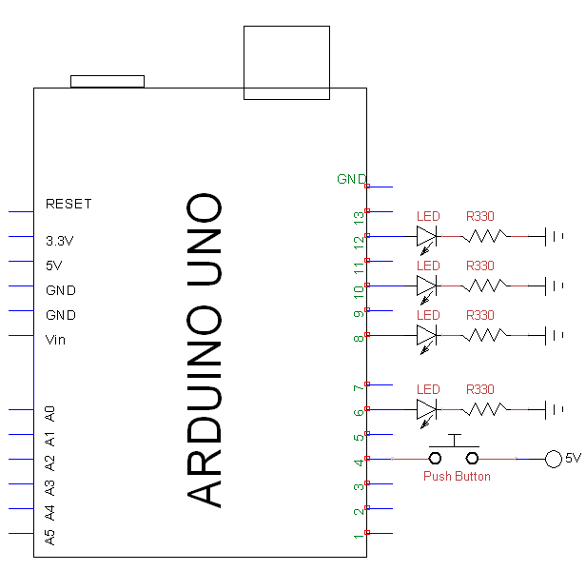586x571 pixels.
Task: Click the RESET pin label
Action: point(68,204)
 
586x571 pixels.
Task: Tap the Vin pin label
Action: point(56,340)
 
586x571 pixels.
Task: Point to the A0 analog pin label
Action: point(50,413)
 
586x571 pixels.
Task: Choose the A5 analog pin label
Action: point(50,537)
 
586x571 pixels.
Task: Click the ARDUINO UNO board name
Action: point(205,350)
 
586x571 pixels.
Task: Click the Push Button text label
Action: point(457,476)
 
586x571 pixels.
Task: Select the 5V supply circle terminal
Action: point(553,459)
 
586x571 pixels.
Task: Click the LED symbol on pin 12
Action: point(426,236)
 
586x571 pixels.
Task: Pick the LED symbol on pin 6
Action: point(426,409)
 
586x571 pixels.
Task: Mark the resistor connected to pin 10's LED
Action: point(484,285)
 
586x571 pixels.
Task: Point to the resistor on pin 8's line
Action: point(484,335)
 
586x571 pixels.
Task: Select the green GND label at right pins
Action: point(351,179)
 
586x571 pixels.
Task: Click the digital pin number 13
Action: point(359,217)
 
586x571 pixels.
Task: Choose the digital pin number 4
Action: point(359,463)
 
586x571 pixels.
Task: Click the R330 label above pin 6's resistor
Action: point(480,389)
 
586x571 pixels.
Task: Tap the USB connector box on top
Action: point(286,62)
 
